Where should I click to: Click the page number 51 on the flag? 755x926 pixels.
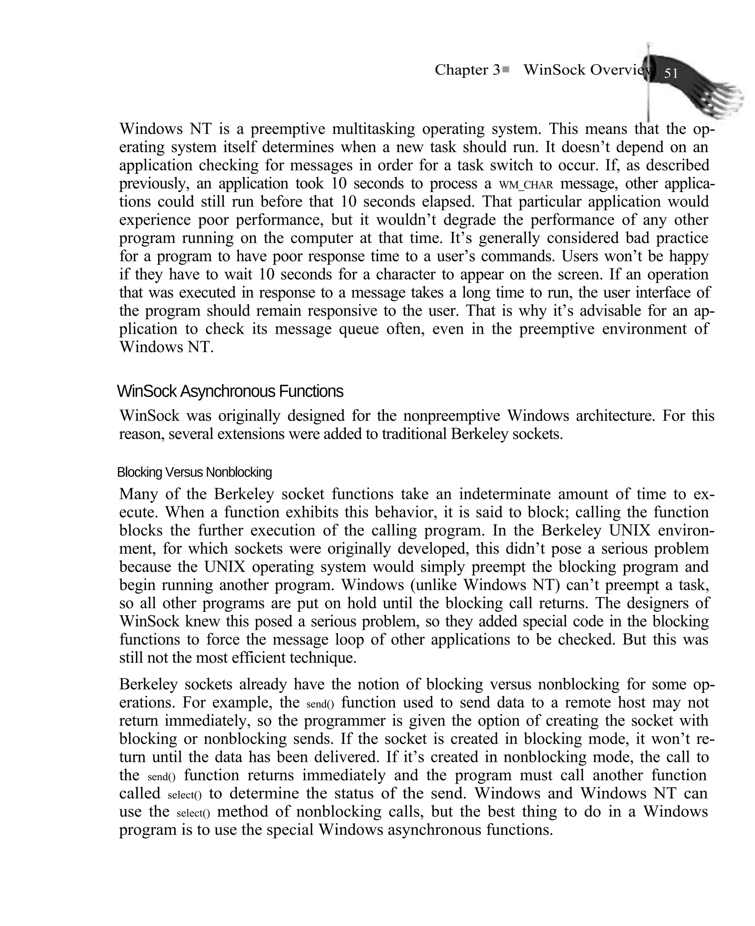coord(671,73)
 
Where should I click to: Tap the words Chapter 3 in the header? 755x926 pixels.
coord(467,70)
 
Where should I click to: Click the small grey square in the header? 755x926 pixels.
coord(506,69)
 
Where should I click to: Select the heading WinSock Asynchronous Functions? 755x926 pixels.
coord(230,391)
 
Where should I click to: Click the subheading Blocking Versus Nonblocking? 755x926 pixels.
coord(194,472)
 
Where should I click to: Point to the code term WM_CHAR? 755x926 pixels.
coord(526,185)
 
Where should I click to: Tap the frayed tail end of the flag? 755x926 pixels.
coord(731,100)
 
